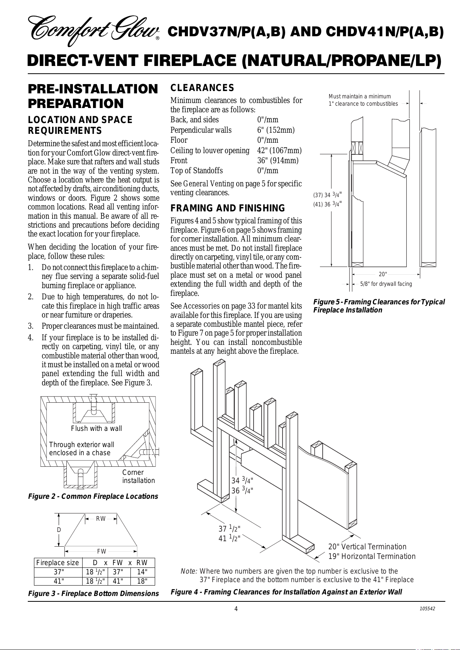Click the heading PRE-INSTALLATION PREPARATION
tap(93, 96)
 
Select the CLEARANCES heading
tap(202, 88)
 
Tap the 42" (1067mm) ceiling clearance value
tap(279, 150)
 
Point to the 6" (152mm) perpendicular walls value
tap(276, 130)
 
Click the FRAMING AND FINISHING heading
tap(228, 208)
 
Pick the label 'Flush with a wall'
tap(96, 429)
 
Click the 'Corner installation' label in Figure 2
tap(139, 476)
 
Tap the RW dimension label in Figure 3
tap(101, 519)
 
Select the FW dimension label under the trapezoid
tap(101, 552)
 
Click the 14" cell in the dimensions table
tap(142, 572)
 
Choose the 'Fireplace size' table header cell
tap(57, 563)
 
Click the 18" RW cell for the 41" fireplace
tap(142, 581)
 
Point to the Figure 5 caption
tap(379, 306)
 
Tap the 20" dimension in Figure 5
tap(382, 274)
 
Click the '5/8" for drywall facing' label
tap(386, 284)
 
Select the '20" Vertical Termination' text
tap(367, 547)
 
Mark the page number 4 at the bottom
tap(236, 609)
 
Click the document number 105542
tap(428, 608)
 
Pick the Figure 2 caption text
tap(93, 496)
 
